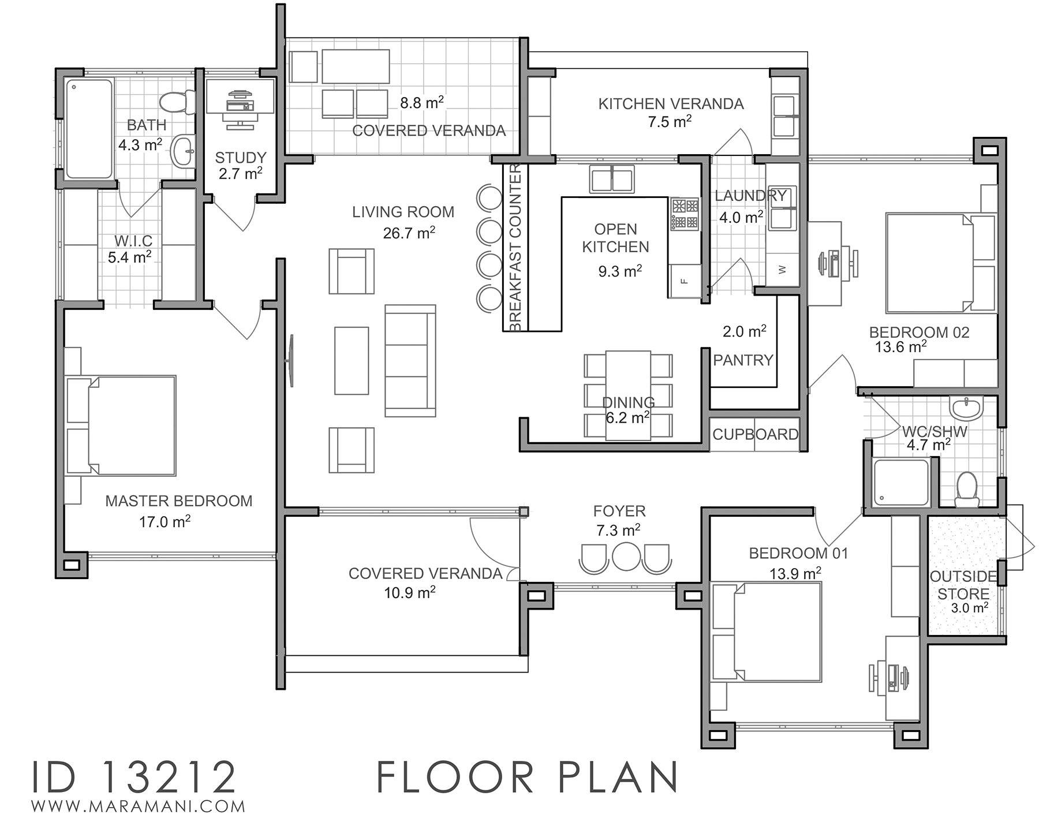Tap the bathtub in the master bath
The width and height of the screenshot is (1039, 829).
tap(89, 128)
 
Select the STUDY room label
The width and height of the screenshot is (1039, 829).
tap(241, 158)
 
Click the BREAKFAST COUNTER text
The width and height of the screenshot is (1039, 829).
tap(515, 248)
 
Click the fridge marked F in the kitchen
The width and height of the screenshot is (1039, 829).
tap(685, 281)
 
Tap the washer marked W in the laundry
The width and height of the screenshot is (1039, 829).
tap(782, 270)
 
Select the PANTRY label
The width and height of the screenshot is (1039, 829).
tap(743, 360)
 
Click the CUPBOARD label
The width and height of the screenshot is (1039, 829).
tap(755, 434)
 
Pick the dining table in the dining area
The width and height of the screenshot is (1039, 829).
tap(627, 395)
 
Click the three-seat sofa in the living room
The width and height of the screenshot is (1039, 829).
tap(410, 360)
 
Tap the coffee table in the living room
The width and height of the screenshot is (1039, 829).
tap(352, 360)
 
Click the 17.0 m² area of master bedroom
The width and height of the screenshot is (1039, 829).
tap(165, 522)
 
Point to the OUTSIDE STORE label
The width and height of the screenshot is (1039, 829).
tap(963, 585)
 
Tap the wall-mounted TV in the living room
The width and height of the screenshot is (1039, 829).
tap(291, 360)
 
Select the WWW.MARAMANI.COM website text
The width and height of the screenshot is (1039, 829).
tap(139, 806)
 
